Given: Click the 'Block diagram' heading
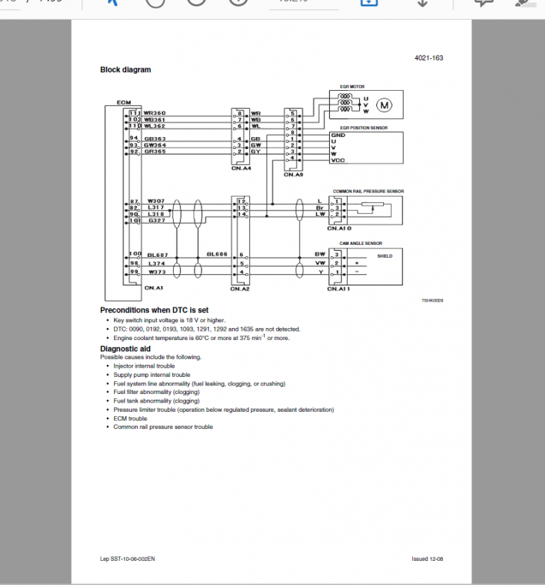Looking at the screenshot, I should pyautogui.click(x=126, y=70).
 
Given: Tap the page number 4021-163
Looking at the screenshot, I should pyautogui.click(x=429, y=58).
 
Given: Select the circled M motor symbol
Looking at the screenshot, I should pyautogui.click(x=385, y=106).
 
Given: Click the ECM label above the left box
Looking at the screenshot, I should pyautogui.click(x=123, y=103).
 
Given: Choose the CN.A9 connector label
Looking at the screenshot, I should pyautogui.click(x=294, y=174).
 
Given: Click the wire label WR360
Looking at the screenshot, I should pyautogui.click(x=155, y=113).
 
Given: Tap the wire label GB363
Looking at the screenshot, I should pyautogui.click(x=155, y=138).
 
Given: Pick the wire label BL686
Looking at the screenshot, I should pyautogui.click(x=216, y=253).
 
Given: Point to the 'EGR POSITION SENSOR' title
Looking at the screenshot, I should pyautogui.click(x=364, y=128).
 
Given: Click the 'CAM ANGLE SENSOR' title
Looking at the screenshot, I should pyautogui.click(x=360, y=244).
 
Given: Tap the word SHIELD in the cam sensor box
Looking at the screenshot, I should pyautogui.click(x=385, y=256).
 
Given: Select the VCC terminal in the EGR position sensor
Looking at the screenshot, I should pyautogui.click(x=338, y=160).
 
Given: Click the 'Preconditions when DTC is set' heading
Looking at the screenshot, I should pyautogui.click(x=154, y=310).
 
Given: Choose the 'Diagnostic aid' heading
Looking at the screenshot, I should pyautogui.click(x=125, y=349).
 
